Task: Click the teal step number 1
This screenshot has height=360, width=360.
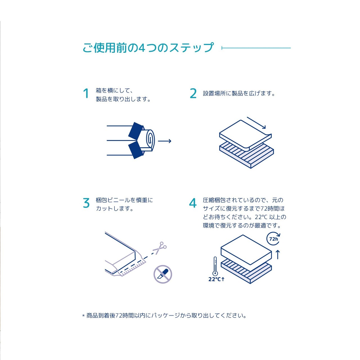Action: (86, 93)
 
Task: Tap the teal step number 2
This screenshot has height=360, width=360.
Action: (193, 93)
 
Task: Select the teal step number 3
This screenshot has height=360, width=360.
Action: (86, 203)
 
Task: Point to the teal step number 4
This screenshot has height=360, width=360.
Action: (193, 203)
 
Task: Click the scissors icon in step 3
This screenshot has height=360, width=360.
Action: (160, 248)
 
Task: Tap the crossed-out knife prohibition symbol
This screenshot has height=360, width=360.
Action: (163, 274)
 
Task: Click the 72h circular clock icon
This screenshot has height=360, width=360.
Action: (273, 239)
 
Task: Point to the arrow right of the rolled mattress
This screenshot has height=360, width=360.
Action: (165, 141)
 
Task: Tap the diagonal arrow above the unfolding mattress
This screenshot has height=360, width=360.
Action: (256, 123)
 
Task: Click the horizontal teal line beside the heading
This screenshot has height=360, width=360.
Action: (256, 48)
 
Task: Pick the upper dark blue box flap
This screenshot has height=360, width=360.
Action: (136, 130)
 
